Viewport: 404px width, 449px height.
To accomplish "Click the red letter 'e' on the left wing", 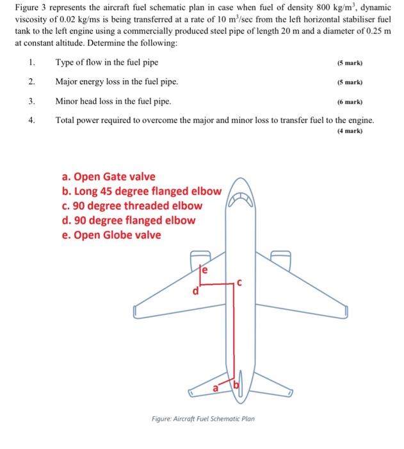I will point(206,271).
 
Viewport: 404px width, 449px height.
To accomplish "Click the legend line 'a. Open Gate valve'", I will point(108,176).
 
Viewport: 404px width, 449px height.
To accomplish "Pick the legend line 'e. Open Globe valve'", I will point(111,235).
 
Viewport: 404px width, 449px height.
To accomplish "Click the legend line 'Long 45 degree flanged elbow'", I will point(141,191).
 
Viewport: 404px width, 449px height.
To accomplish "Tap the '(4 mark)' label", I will point(350,130).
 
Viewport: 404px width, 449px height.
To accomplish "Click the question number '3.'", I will point(31,101).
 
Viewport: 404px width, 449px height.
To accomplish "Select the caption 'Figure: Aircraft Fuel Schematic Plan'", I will point(203,418).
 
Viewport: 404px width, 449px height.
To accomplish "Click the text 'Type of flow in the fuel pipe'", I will point(107,62).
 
